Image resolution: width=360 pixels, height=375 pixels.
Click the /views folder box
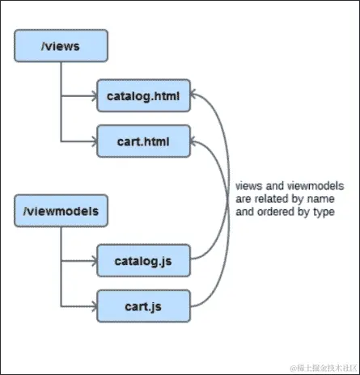[60, 48]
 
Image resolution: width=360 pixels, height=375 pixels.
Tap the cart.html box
[142, 142]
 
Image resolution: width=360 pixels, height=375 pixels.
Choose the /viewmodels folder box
[60, 212]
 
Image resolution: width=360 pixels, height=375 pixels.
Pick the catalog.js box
[142, 262]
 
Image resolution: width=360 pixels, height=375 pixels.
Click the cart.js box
[142, 306]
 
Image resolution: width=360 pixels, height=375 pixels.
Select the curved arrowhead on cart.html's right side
[196, 142]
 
